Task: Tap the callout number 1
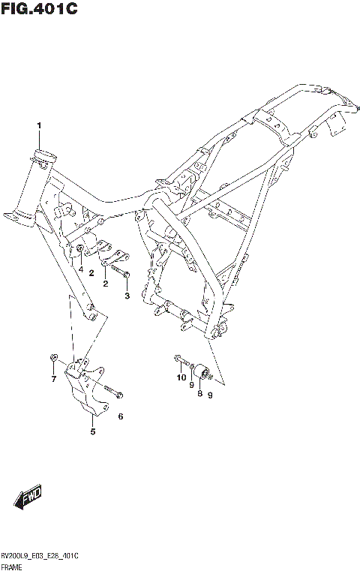click(x=39, y=125)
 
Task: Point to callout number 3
click(x=127, y=296)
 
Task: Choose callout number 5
click(x=93, y=431)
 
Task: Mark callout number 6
click(x=120, y=416)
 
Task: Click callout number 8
click(x=200, y=392)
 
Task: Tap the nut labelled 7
click(x=53, y=357)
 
